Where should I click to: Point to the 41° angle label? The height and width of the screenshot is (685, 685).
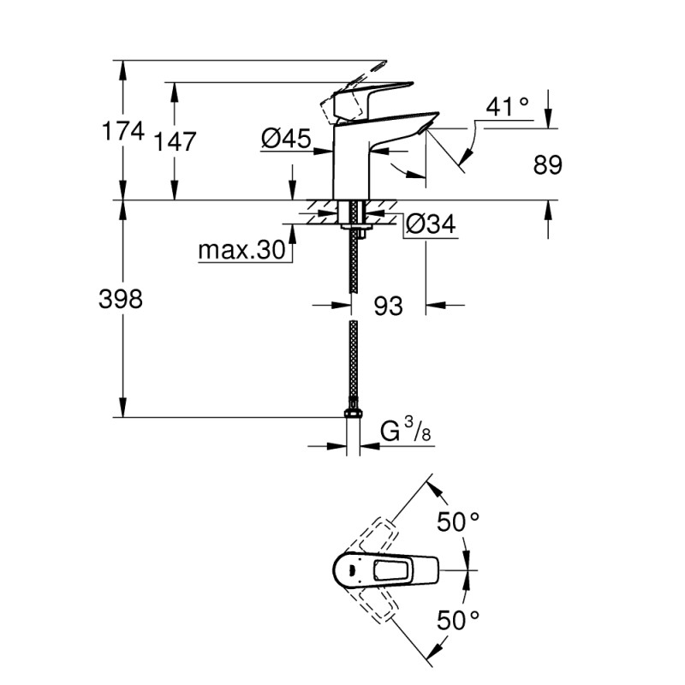coord(507,107)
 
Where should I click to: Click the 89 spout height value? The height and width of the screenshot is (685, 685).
coord(548,165)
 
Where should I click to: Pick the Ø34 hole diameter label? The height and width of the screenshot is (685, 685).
coord(430,224)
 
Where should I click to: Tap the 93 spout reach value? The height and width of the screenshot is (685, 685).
coord(388,306)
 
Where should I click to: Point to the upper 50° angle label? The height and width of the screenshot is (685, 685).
coord(459,521)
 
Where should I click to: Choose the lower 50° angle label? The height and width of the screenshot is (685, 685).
coord(459,617)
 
